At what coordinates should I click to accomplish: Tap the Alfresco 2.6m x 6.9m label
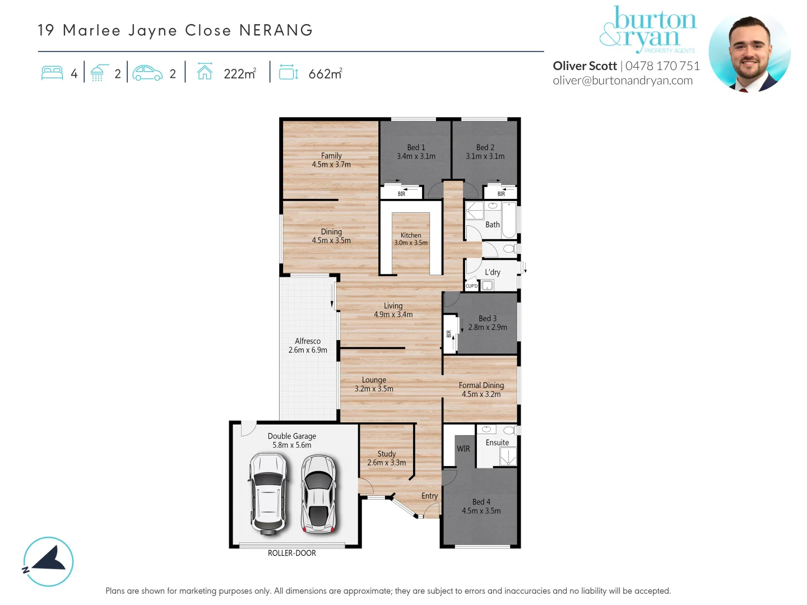pos(308,346)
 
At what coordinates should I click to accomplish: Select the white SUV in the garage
pos(268,493)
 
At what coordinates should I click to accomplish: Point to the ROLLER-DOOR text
pos(291,553)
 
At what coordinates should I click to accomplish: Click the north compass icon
pos(49,561)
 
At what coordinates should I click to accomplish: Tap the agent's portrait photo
pos(749,52)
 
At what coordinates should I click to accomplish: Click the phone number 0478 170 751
pos(662,66)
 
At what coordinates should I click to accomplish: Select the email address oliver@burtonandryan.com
pos(623,81)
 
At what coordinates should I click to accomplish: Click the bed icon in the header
pos(52,73)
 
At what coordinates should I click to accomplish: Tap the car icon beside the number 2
pos(147,73)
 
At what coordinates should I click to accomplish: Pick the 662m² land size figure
pos(325,74)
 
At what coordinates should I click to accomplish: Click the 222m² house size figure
pos(240,74)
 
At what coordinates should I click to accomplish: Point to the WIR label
pos(463,449)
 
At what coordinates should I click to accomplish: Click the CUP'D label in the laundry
pos(472,286)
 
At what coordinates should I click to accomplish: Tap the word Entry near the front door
pos(429,496)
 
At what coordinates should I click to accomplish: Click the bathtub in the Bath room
pos(509,220)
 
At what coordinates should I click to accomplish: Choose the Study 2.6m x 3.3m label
pos(387,458)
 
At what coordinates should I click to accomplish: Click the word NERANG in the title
pos(276,30)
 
